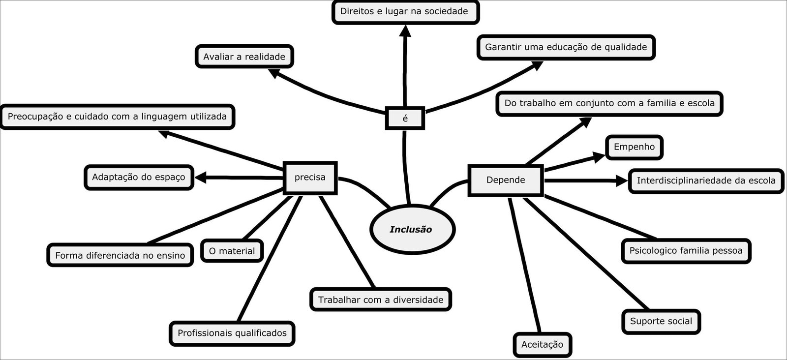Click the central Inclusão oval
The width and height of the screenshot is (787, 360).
pyautogui.click(x=411, y=229)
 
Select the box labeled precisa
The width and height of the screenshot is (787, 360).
pyautogui.click(x=310, y=178)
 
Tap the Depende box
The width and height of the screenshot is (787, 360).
pyautogui.click(x=506, y=180)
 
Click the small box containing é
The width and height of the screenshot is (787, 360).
pyautogui.click(x=405, y=119)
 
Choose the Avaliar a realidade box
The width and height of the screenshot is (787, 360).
pyautogui.click(x=244, y=57)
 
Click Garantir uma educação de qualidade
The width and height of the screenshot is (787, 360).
pyautogui.click(x=566, y=47)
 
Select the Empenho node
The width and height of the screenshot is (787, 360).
pyautogui.click(x=634, y=147)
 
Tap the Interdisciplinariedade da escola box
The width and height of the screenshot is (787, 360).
pyautogui.click(x=706, y=180)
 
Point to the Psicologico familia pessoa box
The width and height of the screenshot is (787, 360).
pyautogui.click(x=686, y=251)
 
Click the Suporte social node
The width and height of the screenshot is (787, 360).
pyautogui.click(x=661, y=322)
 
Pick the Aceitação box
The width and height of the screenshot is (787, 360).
pyautogui.click(x=542, y=344)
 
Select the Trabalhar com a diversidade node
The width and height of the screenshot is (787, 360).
pyautogui.click(x=380, y=300)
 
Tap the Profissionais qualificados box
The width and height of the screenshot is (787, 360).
pyautogui.click(x=232, y=333)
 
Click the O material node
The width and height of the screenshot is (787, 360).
pyautogui.click(x=232, y=251)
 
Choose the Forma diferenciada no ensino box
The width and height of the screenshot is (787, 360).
pyautogui.click(x=120, y=255)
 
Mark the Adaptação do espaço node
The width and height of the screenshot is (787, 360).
pyautogui.click(x=138, y=177)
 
